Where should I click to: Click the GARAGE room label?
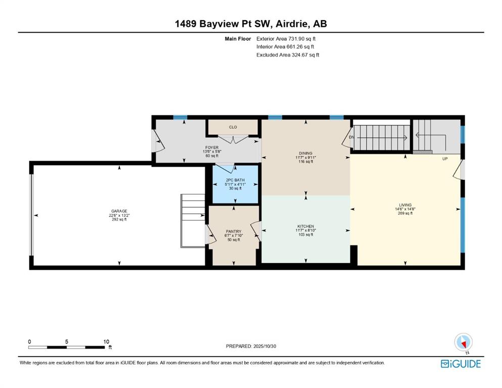pyautogui.click(x=119, y=211)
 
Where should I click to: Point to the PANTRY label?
pyautogui.click(x=233, y=231)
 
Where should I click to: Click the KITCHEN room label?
pyautogui.click(x=305, y=226)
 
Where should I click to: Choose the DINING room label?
pyautogui.click(x=305, y=153)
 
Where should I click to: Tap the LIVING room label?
pyautogui.click(x=405, y=205)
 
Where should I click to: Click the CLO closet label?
pyautogui.click(x=233, y=127)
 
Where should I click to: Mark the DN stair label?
pyautogui.click(x=351, y=137)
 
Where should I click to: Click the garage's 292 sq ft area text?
pyautogui.click(x=119, y=219)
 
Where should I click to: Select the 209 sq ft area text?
pyautogui.click(x=405, y=213)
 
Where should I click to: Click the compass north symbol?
pyautogui.click(x=463, y=343)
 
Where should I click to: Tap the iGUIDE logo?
pyautogui.click(x=460, y=364)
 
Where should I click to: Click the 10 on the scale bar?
pyautogui.click(x=106, y=342)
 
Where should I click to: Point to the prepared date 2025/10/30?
pyautogui.click(x=251, y=346)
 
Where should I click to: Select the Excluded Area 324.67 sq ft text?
pyautogui.click(x=288, y=55)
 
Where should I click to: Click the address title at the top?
pyautogui.click(x=251, y=24)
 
